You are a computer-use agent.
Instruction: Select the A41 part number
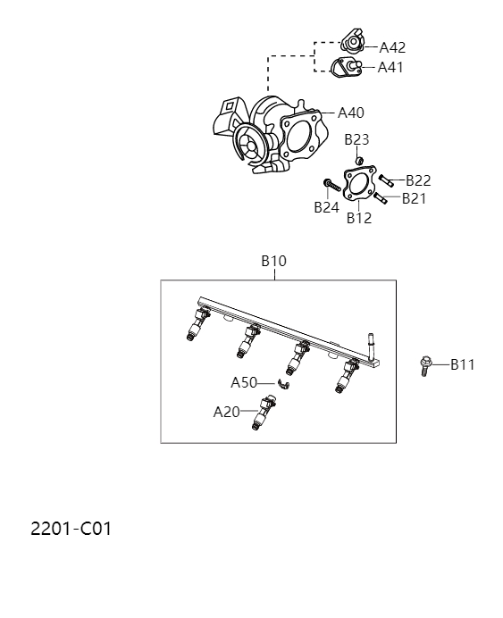(x=390, y=67)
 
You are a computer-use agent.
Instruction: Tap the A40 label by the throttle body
(x=351, y=113)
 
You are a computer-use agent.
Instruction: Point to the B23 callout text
(x=356, y=139)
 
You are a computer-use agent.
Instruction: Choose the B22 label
(x=418, y=180)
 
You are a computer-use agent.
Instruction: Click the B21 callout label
(x=414, y=198)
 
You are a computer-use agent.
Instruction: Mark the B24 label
(x=326, y=207)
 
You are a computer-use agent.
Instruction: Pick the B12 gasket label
(x=359, y=217)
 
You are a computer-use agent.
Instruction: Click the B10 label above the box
(x=273, y=262)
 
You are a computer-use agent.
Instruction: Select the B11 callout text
(x=463, y=364)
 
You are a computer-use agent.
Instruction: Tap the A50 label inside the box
(x=244, y=382)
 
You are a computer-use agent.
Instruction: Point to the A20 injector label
(x=226, y=412)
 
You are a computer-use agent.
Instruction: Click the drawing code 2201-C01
(x=71, y=528)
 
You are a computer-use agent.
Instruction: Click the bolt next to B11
(x=426, y=364)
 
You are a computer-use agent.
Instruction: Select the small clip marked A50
(x=285, y=385)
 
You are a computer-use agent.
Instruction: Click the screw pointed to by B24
(x=333, y=186)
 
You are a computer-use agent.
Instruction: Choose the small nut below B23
(x=359, y=161)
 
